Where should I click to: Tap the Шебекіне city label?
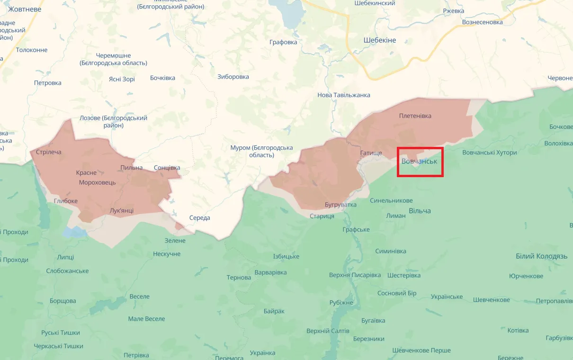[380, 40]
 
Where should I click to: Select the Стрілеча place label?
[49, 152]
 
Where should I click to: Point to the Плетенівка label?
[415, 116]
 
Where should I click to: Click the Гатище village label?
[371, 153]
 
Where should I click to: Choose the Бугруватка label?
[340, 205]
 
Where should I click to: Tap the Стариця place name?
[322, 216]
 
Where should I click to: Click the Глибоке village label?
[66, 201]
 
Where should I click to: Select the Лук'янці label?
[121, 210]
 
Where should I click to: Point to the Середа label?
[199, 218]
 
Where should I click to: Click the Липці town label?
[65, 257]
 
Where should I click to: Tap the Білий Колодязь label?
[541, 256]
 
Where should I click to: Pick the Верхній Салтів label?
[328, 331]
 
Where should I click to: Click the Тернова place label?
[239, 277]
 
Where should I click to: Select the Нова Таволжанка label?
[344, 95]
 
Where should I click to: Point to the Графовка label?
[283, 42]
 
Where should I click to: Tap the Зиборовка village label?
[233, 77]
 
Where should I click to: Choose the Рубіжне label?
[341, 303]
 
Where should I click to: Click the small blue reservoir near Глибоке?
[75, 232]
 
